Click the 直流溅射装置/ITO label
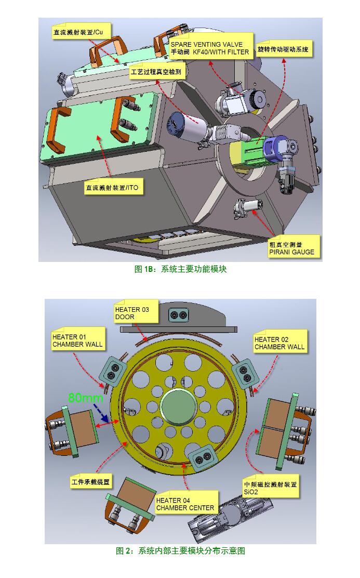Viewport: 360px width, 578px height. coord(112,187)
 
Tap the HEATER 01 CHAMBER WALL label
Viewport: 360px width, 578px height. coord(77,340)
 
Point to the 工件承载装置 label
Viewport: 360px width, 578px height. coord(90,481)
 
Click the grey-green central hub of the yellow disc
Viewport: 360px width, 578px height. coord(179,408)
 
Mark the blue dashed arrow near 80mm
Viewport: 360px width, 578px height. coord(101,413)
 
